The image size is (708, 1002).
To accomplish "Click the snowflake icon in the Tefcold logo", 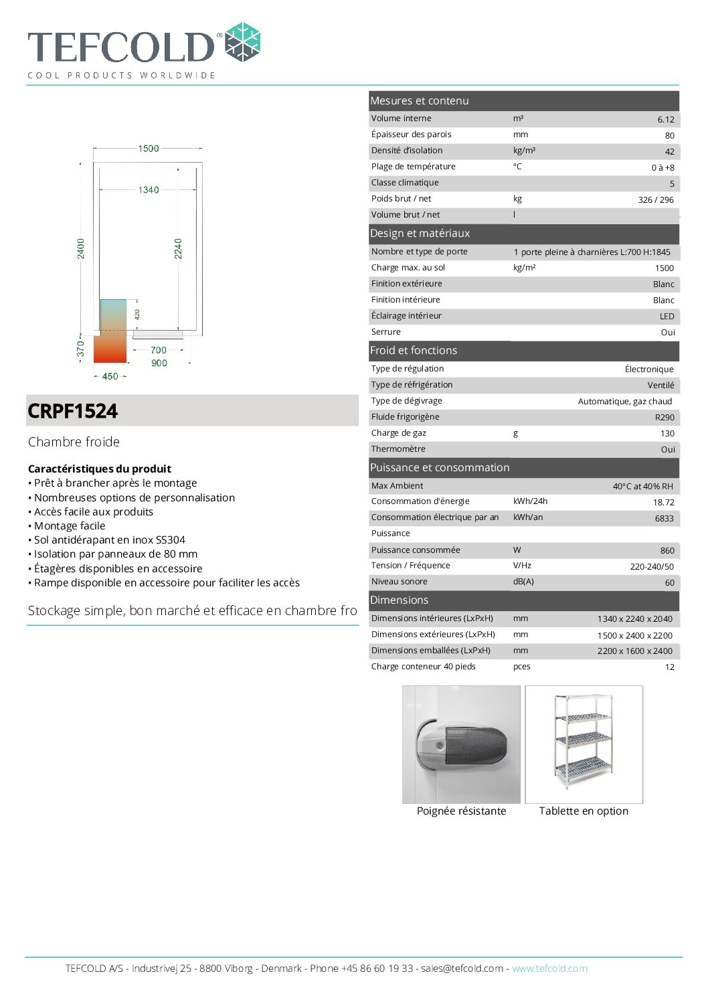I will click(242, 42).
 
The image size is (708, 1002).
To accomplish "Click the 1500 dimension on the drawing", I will click(149, 149).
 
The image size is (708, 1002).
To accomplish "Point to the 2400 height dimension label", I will click(81, 248).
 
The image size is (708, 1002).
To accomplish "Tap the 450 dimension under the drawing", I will click(110, 376).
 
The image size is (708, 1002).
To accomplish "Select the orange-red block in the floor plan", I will click(110, 347).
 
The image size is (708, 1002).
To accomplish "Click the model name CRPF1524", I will click(73, 411).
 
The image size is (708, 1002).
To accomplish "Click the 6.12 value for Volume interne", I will click(665, 120).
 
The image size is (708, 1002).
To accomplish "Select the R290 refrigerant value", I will click(664, 418).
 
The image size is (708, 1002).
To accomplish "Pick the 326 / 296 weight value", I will click(655, 200).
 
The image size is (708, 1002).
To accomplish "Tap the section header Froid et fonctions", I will click(414, 351).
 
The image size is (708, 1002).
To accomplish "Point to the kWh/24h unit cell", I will click(530, 501).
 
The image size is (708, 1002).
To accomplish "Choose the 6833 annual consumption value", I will click(664, 519).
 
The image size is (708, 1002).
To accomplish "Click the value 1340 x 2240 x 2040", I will click(634, 619).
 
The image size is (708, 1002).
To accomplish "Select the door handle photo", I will click(461, 744).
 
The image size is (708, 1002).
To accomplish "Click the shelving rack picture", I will click(584, 744).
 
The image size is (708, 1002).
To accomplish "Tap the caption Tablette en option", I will click(584, 811).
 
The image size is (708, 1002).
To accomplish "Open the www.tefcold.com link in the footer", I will click(549, 969).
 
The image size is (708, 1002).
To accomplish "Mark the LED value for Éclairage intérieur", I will click(667, 317).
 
